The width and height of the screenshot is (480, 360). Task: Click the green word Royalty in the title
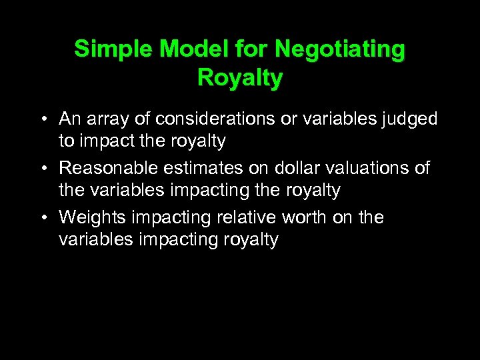[240, 78]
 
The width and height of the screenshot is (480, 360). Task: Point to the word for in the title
[253, 49]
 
